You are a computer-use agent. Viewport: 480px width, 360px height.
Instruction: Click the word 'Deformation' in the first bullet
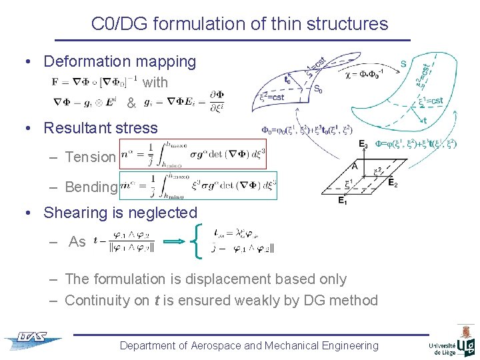tap(85, 62)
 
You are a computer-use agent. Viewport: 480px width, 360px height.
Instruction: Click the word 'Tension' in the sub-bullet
tap(90, 157)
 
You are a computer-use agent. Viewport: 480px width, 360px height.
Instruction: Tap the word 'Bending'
tap(91, 187)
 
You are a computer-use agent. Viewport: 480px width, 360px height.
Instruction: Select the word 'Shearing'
tap(73, 213)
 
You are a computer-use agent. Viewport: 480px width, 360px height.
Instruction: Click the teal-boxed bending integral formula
tap(197, 187)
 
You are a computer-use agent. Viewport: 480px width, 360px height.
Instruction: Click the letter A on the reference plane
tap(356, 166)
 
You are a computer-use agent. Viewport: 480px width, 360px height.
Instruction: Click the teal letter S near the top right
tap(403, 64)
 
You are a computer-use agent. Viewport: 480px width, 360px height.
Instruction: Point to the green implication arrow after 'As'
tap(174, 243)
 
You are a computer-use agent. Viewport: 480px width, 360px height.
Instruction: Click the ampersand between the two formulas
tap(131, 104)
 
